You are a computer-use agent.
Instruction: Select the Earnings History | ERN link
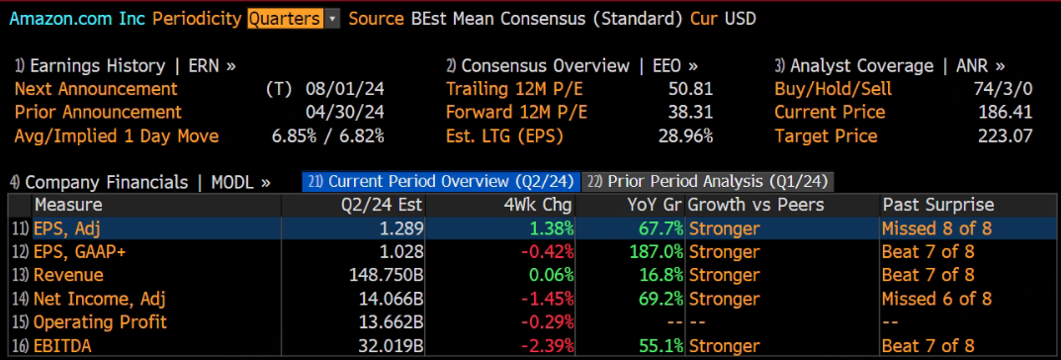click(x=126, y=65)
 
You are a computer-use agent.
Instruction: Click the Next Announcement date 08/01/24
click(x=341, y=89)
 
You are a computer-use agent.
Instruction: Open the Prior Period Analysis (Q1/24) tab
click(x=708, y=181)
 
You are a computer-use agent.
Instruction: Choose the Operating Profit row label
click(x=100, y=321)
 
